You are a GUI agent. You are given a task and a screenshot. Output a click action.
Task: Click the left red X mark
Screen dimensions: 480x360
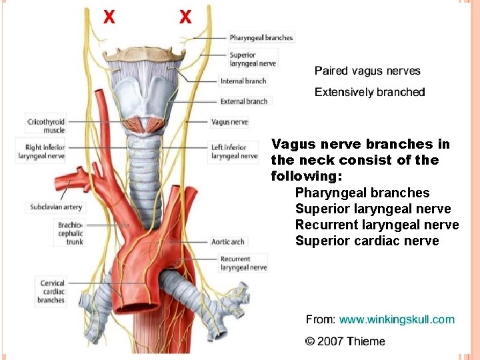[109, 17]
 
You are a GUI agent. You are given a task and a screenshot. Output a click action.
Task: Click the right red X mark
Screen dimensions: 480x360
[185, 17]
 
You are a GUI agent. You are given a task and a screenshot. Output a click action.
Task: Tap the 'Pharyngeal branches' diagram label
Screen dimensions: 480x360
[261, 38]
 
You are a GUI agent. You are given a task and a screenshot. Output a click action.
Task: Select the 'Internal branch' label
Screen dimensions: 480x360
[243, 81]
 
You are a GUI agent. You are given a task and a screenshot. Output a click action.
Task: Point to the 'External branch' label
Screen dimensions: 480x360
[243, 101]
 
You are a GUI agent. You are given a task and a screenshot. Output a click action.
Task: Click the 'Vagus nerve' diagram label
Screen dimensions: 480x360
[229, 123]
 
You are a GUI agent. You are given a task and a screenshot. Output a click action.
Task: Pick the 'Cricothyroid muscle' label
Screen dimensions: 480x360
[45, 126]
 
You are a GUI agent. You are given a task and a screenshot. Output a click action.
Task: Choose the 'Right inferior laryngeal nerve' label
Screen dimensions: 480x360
[45, 151]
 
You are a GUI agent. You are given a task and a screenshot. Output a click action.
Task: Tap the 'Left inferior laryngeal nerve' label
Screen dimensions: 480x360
[234, 151]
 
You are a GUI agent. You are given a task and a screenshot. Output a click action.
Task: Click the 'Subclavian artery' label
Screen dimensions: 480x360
[55, 207]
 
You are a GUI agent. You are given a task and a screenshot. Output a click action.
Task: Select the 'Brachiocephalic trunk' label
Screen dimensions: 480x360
[70, 233]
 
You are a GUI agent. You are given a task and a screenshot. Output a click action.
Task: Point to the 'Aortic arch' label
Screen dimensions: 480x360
[227, 241]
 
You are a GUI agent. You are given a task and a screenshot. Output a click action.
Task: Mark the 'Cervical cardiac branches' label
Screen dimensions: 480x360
[51, 291]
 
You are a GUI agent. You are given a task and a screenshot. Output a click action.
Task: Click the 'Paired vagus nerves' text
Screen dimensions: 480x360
[367, 71]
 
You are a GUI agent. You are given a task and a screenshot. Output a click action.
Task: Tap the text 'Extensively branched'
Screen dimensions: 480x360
[369, 92]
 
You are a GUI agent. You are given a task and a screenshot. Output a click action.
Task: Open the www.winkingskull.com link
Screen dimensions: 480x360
[396, 320]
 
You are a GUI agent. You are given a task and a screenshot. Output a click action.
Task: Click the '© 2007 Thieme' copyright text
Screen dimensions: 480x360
[345, 341]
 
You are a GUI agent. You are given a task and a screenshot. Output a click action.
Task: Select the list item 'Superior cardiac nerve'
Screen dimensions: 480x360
[367, 241]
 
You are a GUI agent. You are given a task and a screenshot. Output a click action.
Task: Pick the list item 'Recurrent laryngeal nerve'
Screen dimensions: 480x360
[377, 225]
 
